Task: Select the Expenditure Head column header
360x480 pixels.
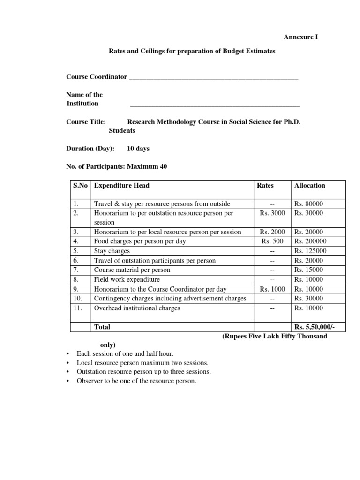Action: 122,185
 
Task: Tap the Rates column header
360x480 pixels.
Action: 265,185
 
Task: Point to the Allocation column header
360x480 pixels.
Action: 309,185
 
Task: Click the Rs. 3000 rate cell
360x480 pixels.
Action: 272,213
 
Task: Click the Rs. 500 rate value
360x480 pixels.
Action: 272,241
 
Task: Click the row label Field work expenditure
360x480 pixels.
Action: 124,279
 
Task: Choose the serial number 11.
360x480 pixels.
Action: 78,308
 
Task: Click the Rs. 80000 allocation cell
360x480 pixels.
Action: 308,203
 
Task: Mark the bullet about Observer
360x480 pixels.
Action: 136,381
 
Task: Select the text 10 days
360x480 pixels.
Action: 139,149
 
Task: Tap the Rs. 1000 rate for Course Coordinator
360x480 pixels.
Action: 272,289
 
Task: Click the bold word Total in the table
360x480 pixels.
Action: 102,326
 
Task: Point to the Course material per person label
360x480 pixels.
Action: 132,270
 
